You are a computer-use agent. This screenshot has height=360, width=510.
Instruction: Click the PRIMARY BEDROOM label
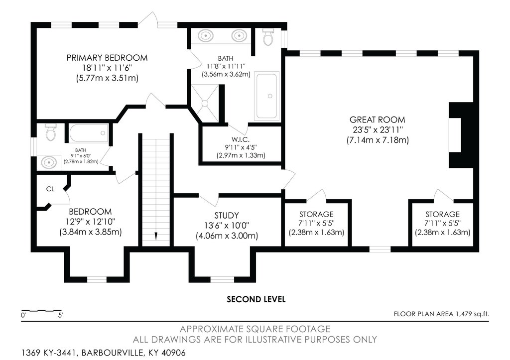click(107, 58)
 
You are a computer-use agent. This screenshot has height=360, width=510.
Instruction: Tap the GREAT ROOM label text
click(378, 120)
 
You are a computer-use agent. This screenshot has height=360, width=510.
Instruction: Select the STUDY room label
click(227, 215)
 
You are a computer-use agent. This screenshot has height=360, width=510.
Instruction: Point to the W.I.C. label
click(241, 139)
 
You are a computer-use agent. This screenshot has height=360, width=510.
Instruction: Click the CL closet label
click(50, 189)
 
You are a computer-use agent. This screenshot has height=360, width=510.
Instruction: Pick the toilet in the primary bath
click(268, 36)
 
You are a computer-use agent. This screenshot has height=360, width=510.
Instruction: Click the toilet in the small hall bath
click(51, 132)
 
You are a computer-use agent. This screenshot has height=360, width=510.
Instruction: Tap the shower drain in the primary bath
click(205, 103)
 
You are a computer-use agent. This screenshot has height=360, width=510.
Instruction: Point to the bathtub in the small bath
click(89, 133)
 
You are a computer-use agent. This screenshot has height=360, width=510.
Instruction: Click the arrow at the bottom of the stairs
click(156, 236)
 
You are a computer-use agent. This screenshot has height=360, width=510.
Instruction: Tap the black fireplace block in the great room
click(461, 135)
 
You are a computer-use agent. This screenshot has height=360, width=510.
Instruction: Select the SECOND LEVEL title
click(256, 299)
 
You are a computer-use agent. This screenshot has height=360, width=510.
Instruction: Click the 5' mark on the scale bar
click(60, 315)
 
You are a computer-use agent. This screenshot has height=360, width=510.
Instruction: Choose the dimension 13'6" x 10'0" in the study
click(227, 226)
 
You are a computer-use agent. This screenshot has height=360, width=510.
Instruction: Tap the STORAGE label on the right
click(442, 214)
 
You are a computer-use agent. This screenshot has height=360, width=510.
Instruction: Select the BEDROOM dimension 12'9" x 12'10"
click(91, 222)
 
